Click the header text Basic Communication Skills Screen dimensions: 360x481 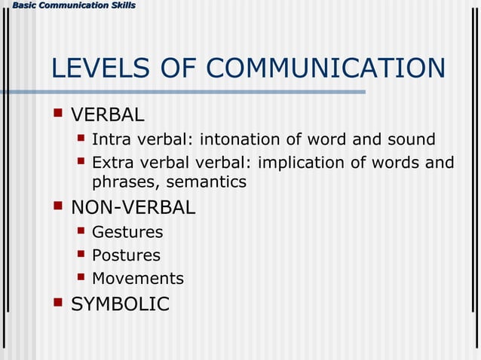tap(69, 6)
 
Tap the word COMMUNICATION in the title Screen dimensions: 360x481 tap(325, 69)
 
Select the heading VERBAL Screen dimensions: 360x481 tap(107, 115)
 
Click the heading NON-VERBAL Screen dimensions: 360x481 tap(133, 206)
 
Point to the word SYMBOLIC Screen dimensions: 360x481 tap(120, 304)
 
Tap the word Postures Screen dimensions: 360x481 tap(126, 255)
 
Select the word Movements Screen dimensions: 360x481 tap(137, 279)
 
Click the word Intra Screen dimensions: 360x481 tap(109, 139)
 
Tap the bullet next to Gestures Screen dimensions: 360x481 tap(81, 231)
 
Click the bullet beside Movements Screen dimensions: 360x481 tap(81, 277)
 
